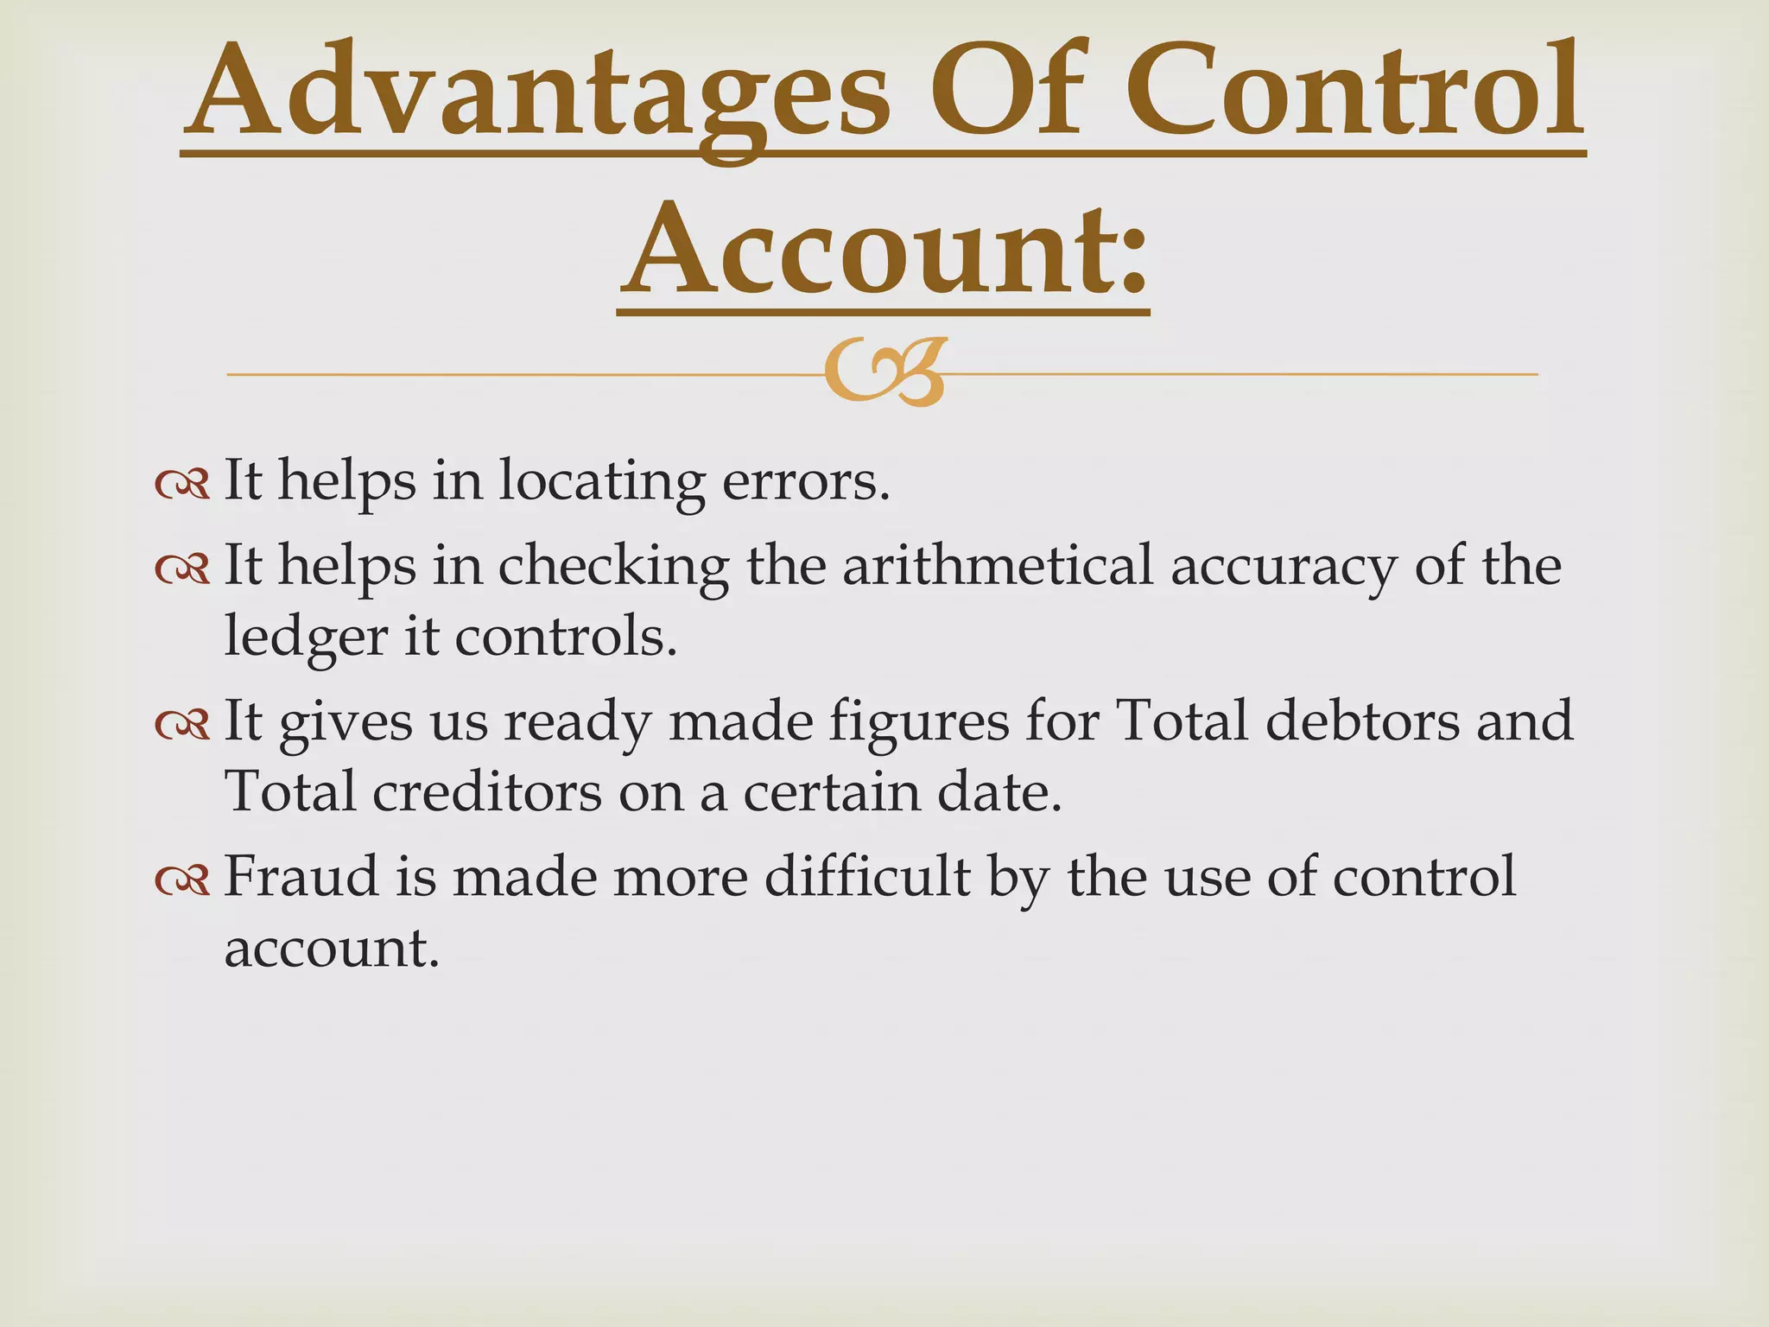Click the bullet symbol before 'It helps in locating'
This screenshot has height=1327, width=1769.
tap(182, 485)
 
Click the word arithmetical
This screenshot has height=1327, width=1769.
tap(997, 566)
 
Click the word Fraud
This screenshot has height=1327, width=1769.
tap(301, 876)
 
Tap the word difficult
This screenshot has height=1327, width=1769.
tap(867, 876)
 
